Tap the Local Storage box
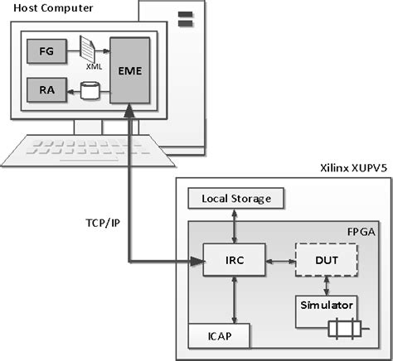tap(236, 199)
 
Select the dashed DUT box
tap(327, 260)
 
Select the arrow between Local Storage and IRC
tap(236, 225)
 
